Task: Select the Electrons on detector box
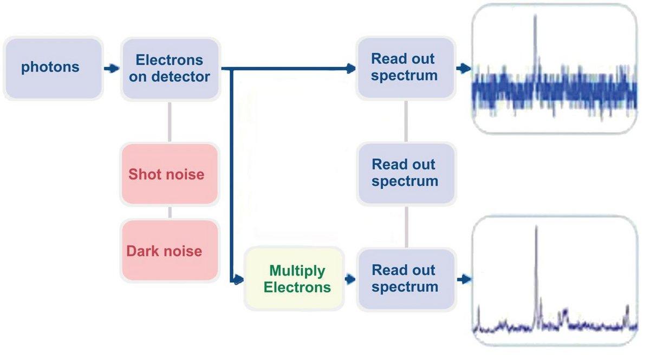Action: [170, 68]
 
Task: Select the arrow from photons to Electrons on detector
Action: [111, 69]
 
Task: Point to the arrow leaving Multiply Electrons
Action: [350, 280]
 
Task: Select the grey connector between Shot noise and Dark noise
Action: [170, 211]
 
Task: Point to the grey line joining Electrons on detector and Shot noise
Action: [170, 121]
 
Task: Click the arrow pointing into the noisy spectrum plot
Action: [464, 69]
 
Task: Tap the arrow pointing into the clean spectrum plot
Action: [464, 280]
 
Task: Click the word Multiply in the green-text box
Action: [297, 271]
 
